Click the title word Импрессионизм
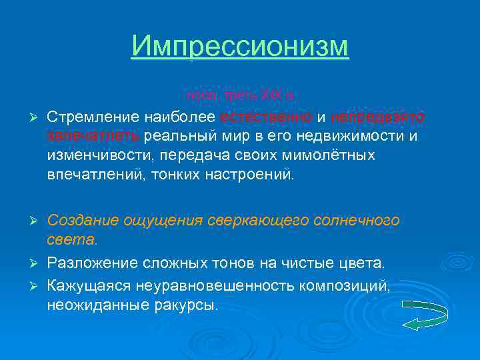[x=240, y=47]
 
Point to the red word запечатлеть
[x=93, y=137]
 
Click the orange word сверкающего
[x=255, y=220]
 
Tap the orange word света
[x=72, y=239]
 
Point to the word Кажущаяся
[x=89, y=287]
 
